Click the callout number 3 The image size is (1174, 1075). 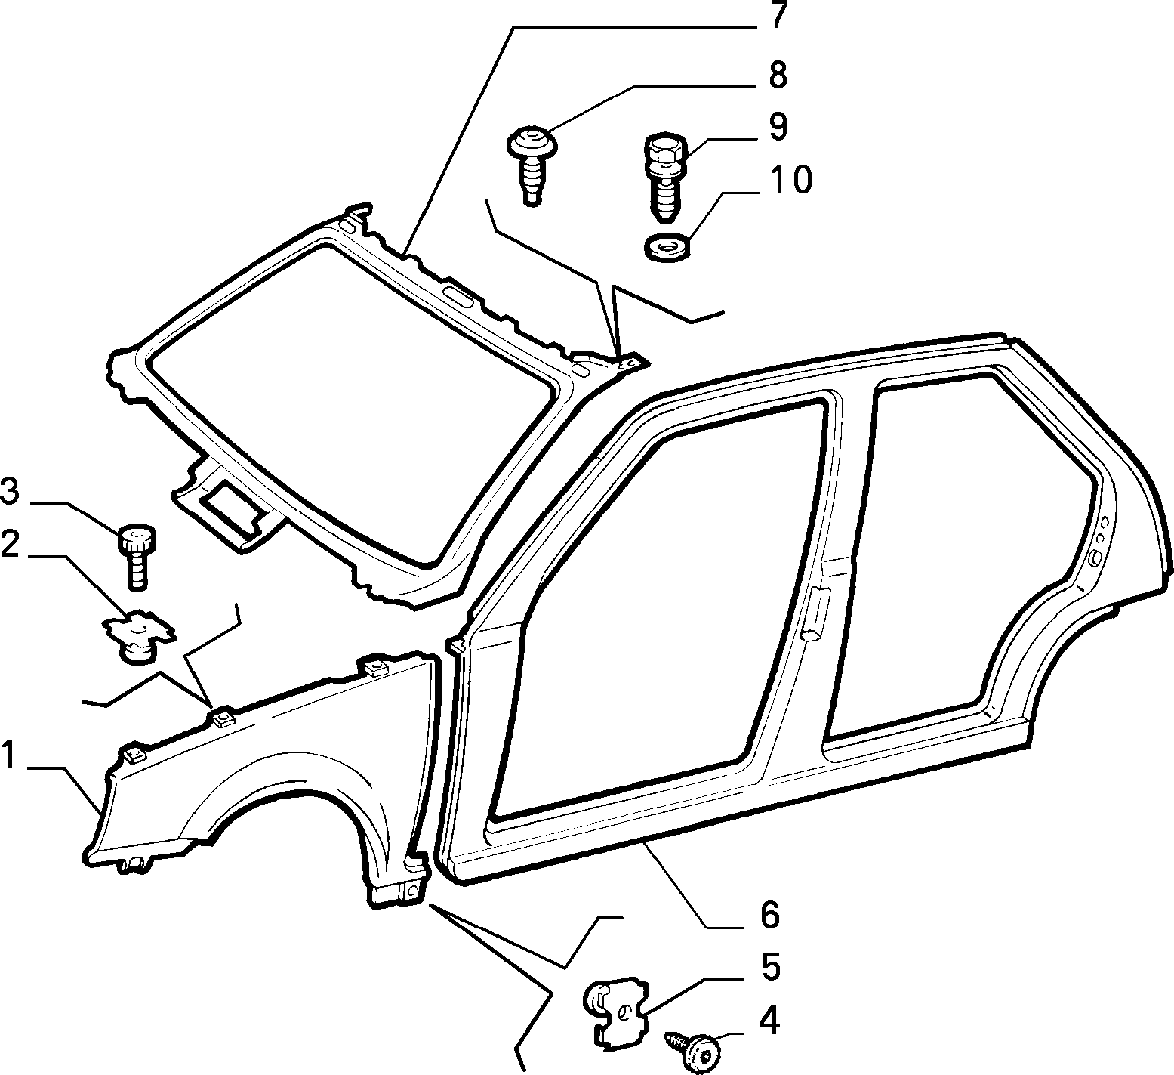[x=10, y=493]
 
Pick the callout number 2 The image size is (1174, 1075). [x=10, y=545]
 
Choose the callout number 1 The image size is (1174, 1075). [x=8, y=755]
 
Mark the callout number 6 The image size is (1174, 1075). [x=769, y=916]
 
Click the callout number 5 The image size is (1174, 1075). [x=769, y=968]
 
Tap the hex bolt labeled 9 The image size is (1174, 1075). [x=662, y=177]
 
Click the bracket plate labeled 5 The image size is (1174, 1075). [x=616, y=1012]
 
